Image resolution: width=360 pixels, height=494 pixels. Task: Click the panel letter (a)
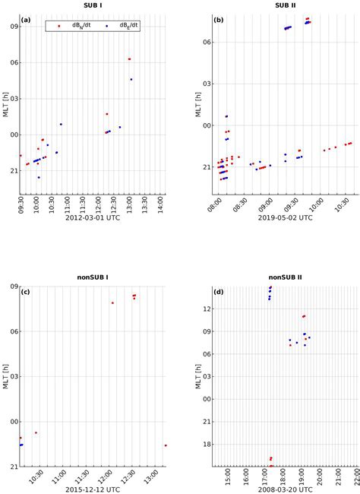[26, 19]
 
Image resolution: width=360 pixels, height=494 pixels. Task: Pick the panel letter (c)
[26, 293]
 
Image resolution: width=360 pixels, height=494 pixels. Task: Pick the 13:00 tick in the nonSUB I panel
[153, 477]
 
